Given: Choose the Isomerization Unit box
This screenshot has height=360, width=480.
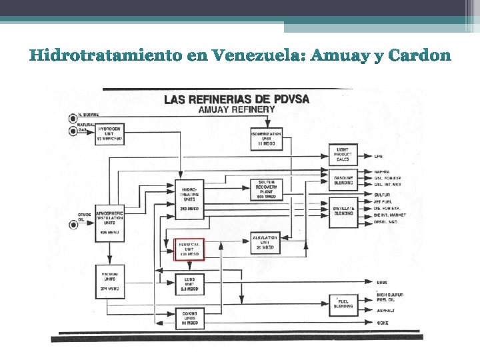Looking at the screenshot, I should [266, 139].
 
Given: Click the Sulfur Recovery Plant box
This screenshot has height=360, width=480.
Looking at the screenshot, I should [266, 189].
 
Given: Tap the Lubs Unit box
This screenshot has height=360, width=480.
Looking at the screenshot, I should [189, 283].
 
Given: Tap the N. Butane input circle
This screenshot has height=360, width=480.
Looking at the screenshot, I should [72, 118].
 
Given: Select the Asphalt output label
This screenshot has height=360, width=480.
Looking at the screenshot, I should [385, 311].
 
